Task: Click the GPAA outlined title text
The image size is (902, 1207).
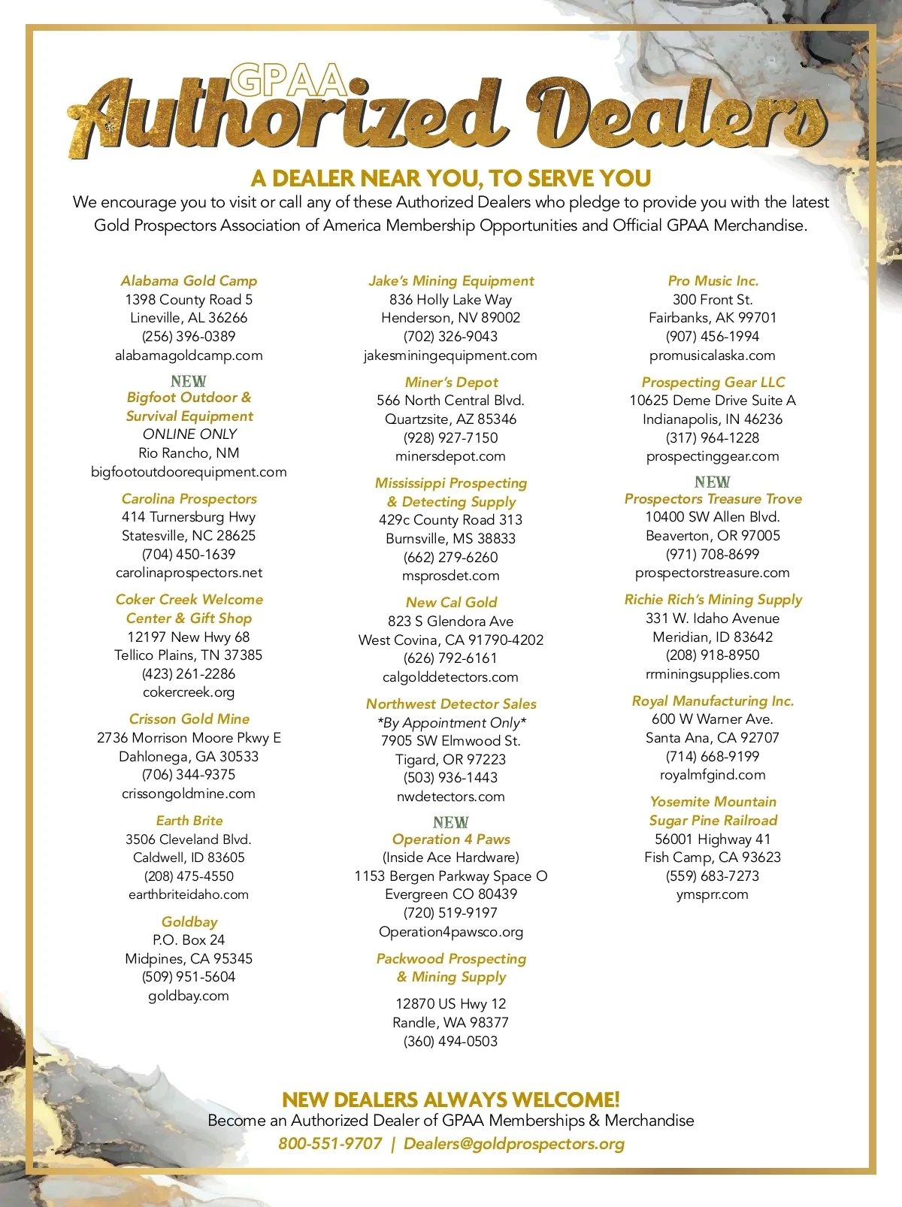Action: (288, 80)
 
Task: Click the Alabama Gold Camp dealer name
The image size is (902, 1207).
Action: (189, 280)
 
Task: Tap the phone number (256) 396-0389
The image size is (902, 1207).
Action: (189, 336)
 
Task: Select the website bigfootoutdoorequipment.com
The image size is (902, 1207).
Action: (189, 471)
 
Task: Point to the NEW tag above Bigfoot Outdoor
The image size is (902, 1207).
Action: (189, 381)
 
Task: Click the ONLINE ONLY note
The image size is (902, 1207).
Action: (189, 434)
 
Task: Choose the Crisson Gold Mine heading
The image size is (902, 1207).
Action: (189, 718)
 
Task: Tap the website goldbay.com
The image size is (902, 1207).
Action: (189, 995)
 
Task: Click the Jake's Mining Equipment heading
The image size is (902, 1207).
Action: (451, 280)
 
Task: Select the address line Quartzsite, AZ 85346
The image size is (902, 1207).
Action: (451, 419)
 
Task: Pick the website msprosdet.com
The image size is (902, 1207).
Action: (451, 576)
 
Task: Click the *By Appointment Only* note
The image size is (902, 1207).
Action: (451, 722)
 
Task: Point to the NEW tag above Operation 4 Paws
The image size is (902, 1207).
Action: (451, 822)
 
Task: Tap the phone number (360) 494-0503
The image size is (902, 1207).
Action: (451, 1041)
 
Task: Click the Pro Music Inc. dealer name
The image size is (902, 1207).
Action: (713, 280)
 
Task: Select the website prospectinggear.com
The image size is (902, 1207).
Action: (713, 456)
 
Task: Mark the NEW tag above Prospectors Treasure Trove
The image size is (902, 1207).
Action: (713, 482)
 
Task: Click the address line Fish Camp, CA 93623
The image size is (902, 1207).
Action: (713, 857)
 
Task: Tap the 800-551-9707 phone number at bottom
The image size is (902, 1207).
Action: (330, 1143)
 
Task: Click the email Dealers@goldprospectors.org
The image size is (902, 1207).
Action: (514, 1143)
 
